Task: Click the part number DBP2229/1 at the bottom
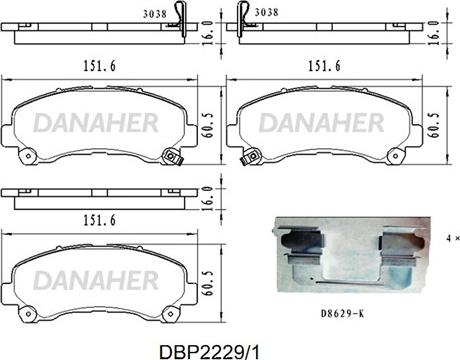click(x=209, y=352)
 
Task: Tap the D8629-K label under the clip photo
click(x=342, y=314)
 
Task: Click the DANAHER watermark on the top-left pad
click(x=96, y=123)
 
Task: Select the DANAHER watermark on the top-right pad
click(x=321, y=123)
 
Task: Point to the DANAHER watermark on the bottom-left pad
click(x=96, y=280)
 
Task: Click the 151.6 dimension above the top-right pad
click(x=324, y=66)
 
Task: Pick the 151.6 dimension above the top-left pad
click(x=99, y=66)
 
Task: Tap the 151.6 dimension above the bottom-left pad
click(x=99, y=220)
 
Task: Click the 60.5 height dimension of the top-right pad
click(x=435, y=125)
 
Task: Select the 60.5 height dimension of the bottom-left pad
click(x=209, y=283)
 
